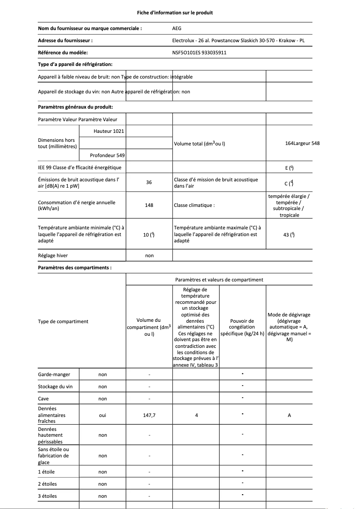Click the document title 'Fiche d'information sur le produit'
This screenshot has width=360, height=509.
[x=175, y=13]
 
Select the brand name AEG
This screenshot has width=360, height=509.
[x=177, y=28]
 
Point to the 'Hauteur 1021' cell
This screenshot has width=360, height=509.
[x=109, y=131]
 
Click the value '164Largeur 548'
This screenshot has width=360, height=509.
[x=303, y=143]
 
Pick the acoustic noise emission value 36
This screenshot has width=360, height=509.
[x=149, y=183]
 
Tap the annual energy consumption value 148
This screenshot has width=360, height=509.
[x=149, y=205]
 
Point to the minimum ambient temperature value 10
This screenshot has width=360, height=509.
[x=149, y=234]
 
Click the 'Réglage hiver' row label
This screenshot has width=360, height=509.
[x=53, y=255]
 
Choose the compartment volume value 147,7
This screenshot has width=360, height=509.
[x=149, y=416]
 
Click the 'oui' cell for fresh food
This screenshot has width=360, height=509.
[x=102, y=416]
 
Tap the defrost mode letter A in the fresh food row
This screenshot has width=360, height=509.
[x=289, y=416]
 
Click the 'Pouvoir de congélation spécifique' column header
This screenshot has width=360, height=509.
[x=242, y=327]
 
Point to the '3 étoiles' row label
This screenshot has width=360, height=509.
[x=48, y=496]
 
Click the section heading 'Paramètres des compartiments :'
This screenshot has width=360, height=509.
[x=75, y=268]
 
